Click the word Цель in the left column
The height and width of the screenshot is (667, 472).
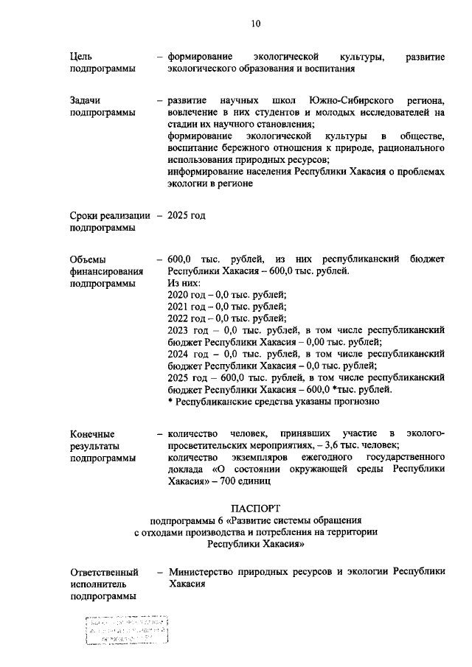tap(81, 57)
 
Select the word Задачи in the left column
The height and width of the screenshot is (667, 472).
tap(86, 99)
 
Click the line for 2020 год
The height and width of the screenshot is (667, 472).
tap(228, 295)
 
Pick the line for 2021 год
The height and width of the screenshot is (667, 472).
tap(228, 307)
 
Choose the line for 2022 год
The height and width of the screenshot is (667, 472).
tap(228, 318)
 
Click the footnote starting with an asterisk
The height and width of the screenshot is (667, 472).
tap(274, 402)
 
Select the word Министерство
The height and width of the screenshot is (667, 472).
tap(204, 571)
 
